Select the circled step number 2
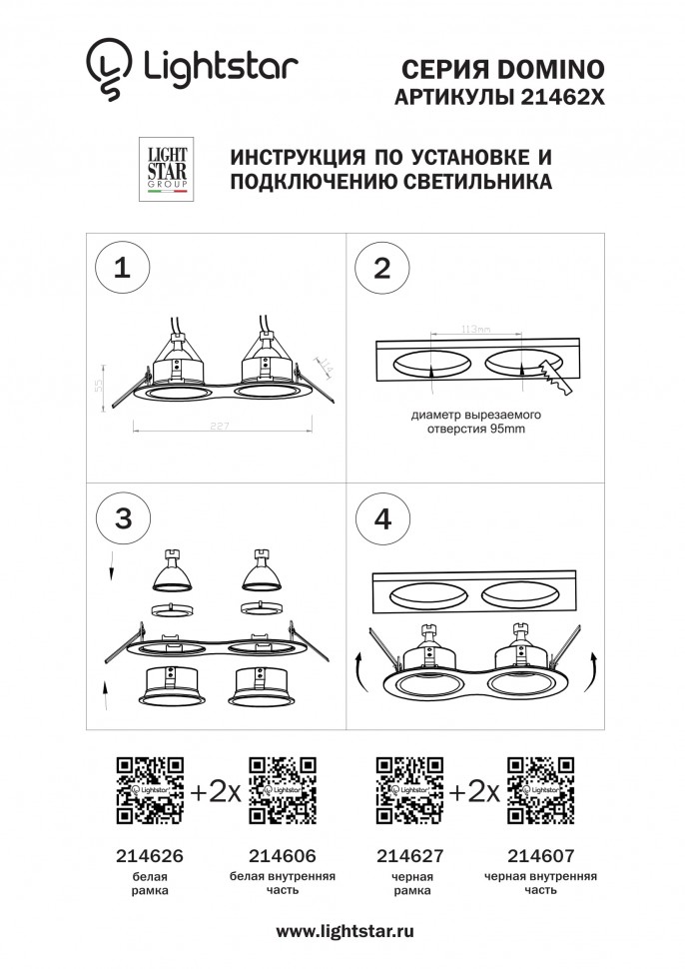click(x=381, y=268)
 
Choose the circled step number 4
click(x=381, y=519)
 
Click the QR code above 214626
click(x=150, y=791)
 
